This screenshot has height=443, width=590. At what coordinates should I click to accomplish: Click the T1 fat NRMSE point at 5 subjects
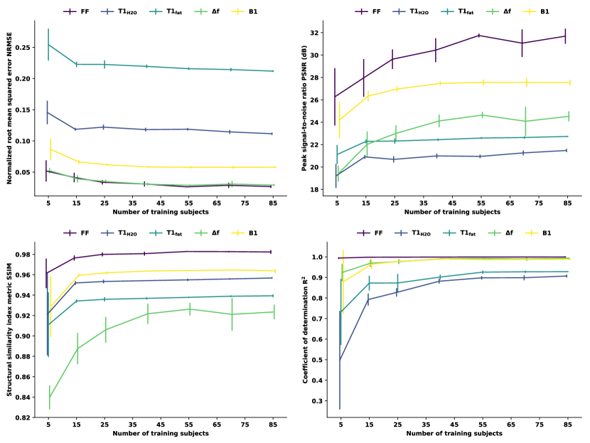click(x=48, y=44)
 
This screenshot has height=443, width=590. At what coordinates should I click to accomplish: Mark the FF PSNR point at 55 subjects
click(x=480, y=35)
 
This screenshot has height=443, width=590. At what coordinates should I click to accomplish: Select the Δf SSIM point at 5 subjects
click(x=50, y=397)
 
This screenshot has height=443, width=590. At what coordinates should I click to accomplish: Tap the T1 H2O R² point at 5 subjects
click(x=340, y=359)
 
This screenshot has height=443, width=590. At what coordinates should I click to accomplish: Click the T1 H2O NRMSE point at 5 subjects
click(x=48, y=112)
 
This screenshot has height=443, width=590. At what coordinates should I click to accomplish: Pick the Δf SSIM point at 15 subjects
click(x=77, y=348)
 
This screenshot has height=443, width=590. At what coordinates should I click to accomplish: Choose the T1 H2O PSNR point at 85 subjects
click(x=567, y=150)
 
